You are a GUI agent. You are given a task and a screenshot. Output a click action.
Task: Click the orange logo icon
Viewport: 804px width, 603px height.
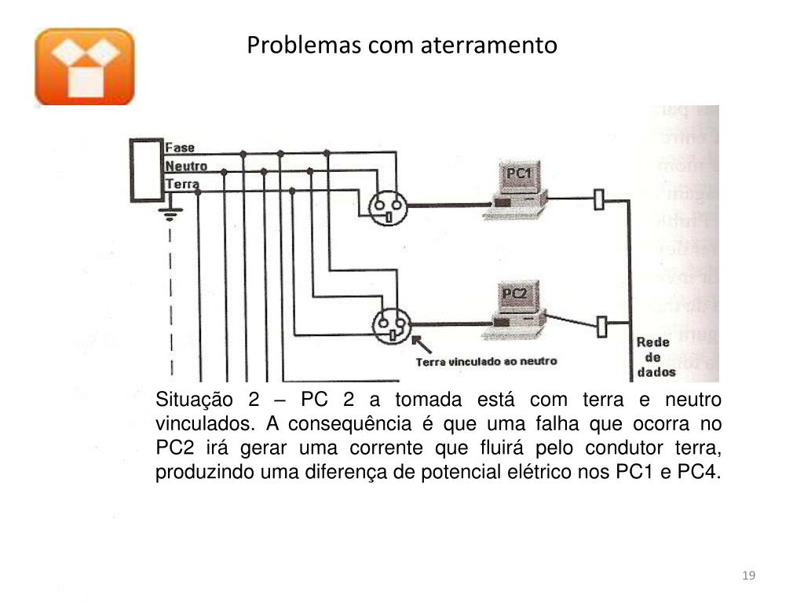pyautogui.click(x=85, y=67)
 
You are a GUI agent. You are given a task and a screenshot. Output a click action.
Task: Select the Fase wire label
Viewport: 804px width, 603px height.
pyautogui.click(x=180, y=147)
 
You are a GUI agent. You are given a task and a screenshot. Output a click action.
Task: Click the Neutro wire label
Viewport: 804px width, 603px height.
pyautogui.click(x=186, y=166)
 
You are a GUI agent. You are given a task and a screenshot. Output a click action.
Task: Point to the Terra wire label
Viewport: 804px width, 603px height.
pyautogui.click(x=182, y=185)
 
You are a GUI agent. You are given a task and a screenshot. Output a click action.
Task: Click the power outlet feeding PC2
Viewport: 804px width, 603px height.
pyautogui.click(x=390, y=325)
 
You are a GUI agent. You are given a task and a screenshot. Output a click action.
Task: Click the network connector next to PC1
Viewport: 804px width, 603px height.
pyautogui.click(x=600, y=199)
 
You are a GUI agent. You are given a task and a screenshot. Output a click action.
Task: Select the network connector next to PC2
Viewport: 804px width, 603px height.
pyautogui.click(x=603, y=325)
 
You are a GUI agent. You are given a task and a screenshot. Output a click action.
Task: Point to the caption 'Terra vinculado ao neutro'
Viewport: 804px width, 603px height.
pyautogui.click(x=486, y=361)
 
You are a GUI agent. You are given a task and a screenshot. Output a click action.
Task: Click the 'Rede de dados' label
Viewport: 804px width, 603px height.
pyautogui.click(x=652, y=358)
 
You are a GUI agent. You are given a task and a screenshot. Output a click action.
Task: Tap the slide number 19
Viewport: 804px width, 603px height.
pyautogui.click(x=748, y=577)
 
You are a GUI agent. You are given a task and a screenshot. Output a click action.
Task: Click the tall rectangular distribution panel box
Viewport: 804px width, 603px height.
pyautogui.click(x=145, y=170)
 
